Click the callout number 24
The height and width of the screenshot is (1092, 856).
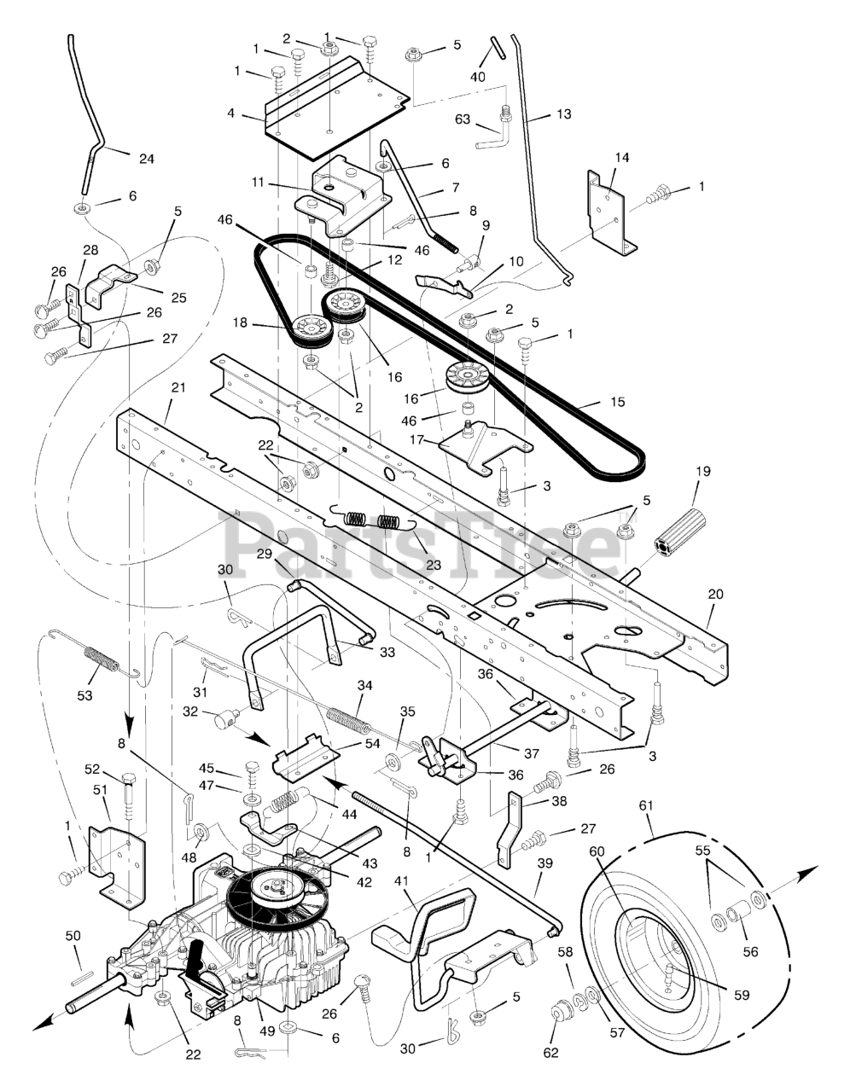[x=147, y=159]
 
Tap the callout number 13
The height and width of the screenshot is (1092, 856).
[x=564, y=114]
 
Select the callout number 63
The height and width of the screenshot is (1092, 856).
[x=463, y=119]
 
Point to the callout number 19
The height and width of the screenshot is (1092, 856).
[x=703, y=472]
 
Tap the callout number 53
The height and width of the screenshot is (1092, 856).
[x=85, y=695]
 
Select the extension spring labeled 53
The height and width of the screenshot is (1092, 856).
[x=96, y=654]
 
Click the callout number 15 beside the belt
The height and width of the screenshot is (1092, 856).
[x=618, y=402]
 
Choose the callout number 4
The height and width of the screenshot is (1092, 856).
[x=230, y=113]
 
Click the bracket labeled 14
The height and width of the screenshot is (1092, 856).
[x=612, y=211]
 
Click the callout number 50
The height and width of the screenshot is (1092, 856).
[x=73, y=936]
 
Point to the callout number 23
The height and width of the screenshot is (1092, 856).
[x=434, y=566]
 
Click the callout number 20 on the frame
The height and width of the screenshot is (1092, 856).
[x=715, y=594]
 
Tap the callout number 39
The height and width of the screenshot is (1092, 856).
[x=544, y=863]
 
